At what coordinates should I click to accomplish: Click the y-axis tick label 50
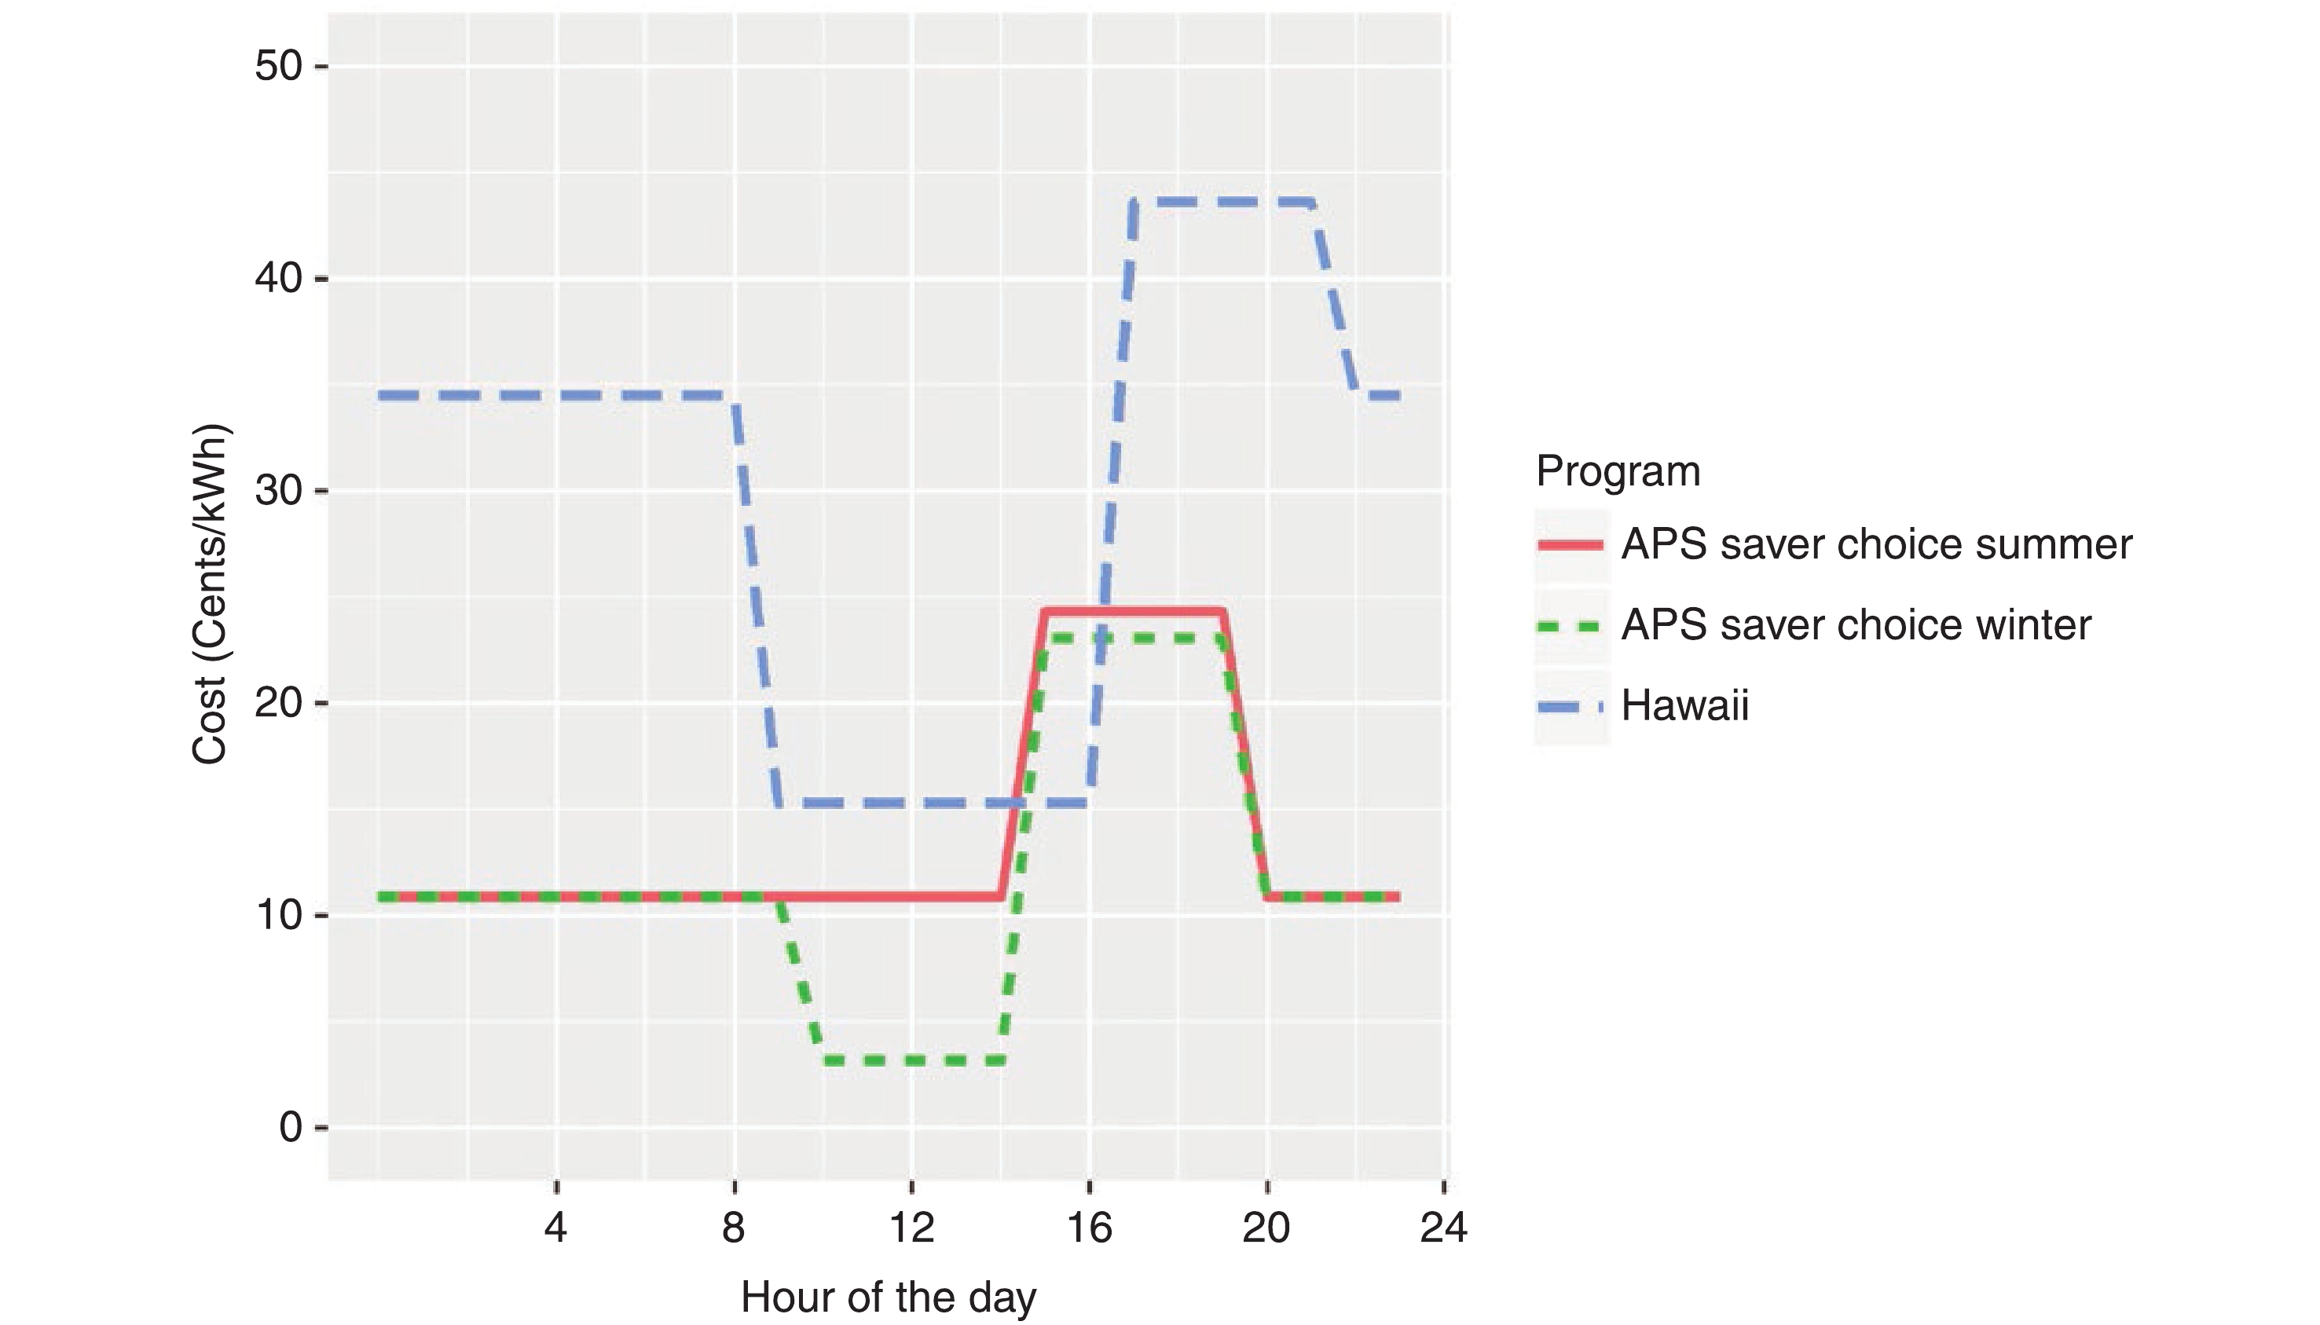[x=277, y=67]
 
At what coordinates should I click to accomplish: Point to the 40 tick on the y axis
[x=277, y=279]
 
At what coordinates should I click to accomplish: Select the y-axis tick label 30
[x=277, y=492]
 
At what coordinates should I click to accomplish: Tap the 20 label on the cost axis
[x=277, y=704]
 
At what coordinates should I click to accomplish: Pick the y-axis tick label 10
[x=277, y=916]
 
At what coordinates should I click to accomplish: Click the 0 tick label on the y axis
[x=291, y=1129]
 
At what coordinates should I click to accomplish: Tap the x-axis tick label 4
[x=555, y=1228]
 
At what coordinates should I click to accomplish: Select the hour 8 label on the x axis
[x=734, y=1228]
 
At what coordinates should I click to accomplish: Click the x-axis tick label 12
[x=911, y=1228]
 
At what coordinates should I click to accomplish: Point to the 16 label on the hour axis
[x=1089, y=1228]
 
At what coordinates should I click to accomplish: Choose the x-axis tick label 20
[x=1266, y=1228]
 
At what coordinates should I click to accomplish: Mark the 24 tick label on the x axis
[x=1443, y=1228]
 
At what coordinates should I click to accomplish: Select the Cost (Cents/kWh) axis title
[x=211, y=593]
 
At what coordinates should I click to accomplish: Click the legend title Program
[x=1618, y=471]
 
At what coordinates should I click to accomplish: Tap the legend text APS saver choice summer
[x=1876, y=545]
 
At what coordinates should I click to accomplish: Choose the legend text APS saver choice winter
[x=1856, y=625]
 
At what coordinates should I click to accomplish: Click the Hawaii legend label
[x=1684, y=706]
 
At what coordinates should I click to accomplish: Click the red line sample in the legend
[x=1571, y=545]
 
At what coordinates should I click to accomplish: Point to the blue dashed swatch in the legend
[x=1571, y=707]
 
